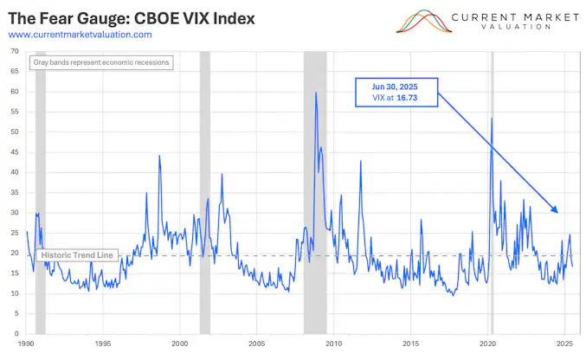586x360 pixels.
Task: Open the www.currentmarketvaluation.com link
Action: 80,35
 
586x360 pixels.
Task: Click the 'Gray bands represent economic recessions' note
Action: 102,62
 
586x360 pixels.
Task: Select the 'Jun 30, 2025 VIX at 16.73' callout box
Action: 396,93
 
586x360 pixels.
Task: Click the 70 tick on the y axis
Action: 15,51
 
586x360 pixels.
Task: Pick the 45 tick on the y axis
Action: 15,152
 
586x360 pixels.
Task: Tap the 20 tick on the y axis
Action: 15,253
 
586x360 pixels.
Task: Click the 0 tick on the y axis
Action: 17,333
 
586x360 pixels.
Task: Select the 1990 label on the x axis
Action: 26,344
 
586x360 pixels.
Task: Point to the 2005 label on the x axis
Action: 257,344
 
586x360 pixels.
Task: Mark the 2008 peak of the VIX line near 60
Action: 316,93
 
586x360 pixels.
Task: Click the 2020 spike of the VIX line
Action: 492,119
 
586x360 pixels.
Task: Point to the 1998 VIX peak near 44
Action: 159,157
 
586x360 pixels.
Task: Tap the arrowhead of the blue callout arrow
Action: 557,210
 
